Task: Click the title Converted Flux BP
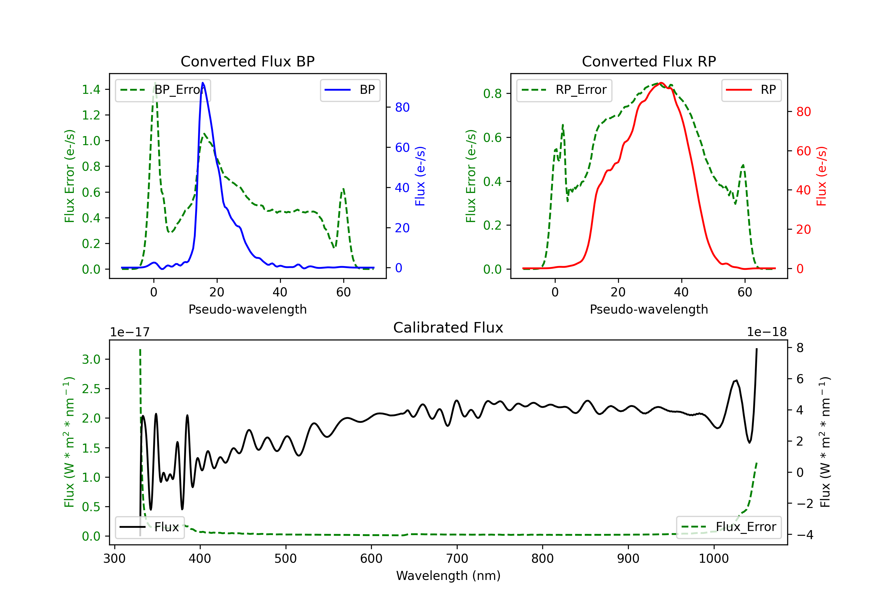tap(247, 61)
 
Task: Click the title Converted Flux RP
tap(649, 61)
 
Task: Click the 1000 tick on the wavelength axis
tap(713, 559)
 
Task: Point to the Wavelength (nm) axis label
tap(448, 576)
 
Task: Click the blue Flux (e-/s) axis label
tap(420, 176)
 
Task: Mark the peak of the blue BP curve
tap(203, 83)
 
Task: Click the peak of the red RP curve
tap(661, 83)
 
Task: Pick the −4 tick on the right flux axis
tap(804, 535)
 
